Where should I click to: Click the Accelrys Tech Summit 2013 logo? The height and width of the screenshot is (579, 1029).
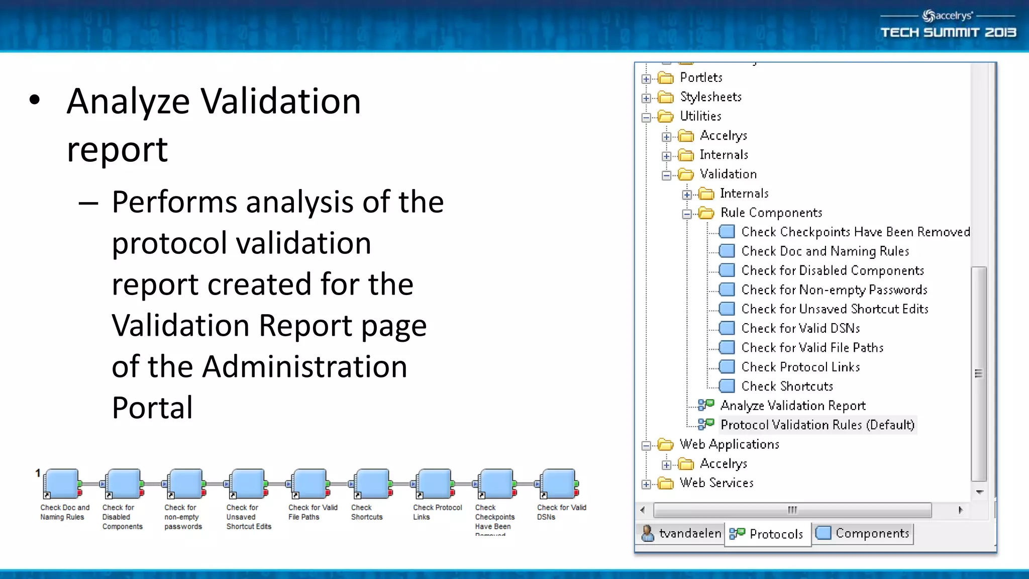coord(948,25)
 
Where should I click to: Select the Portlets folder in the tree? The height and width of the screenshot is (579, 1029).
coord(700,77)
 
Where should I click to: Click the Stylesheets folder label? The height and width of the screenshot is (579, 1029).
coord(710,96)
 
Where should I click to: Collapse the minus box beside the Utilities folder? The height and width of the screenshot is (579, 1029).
coord(646,118)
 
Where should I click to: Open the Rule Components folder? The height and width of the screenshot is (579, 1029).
coord(771,213)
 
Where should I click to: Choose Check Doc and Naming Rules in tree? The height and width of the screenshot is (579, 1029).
coord(825,251)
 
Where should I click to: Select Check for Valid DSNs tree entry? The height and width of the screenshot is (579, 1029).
coord(800,328)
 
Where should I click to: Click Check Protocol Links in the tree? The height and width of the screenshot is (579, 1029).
coord(800,367)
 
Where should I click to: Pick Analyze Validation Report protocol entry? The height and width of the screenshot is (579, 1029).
coord(793,405)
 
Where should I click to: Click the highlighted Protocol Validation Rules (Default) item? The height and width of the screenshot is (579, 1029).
coord(817,425)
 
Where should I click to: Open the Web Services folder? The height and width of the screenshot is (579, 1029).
coord(716,482)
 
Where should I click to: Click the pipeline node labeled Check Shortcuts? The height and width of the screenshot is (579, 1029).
coord(372,484)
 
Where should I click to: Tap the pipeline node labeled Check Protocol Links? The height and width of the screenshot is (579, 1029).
coord(434,484)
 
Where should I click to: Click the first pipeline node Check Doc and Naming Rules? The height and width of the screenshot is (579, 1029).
coord(62,484)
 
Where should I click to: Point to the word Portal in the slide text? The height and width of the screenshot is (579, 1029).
coord(152,408)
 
